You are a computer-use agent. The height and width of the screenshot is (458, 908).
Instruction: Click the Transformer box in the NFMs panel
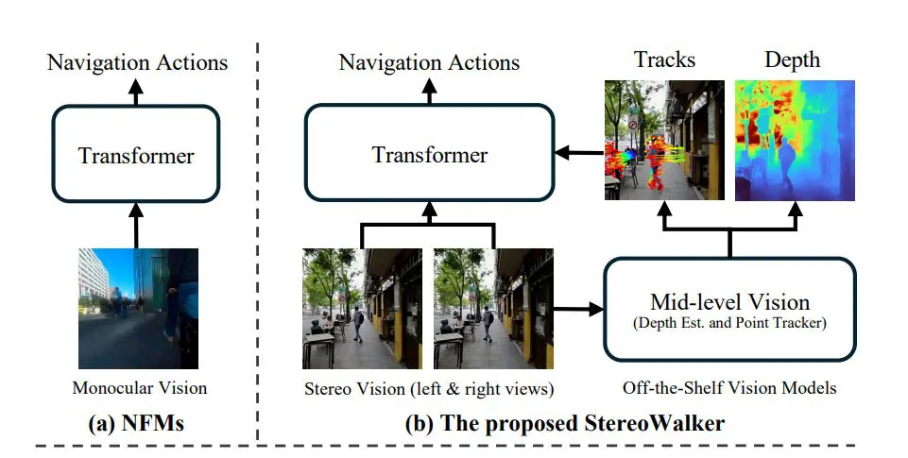point(137,153)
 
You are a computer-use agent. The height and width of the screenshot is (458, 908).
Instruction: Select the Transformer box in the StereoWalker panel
point(430,153)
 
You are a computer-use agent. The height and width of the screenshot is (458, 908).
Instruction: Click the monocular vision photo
point(138,308)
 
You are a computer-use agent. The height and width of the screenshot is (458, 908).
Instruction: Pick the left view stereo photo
point(362,308)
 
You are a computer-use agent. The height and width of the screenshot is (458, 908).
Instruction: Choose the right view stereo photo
point(493,308)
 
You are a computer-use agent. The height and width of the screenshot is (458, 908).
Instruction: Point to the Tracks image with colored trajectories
point(664,141)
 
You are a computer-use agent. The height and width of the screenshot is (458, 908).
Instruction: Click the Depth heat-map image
point(795,141)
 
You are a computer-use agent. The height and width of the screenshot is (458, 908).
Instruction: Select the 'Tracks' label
point(663,59)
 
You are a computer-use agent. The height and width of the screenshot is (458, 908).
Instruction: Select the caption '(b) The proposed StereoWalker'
point(565,423)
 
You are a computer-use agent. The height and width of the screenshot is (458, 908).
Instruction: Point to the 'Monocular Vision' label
point(138,387)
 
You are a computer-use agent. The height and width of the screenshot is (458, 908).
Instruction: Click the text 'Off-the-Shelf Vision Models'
point(729,387)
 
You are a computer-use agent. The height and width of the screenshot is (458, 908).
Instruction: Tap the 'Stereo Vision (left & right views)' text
point(428,387)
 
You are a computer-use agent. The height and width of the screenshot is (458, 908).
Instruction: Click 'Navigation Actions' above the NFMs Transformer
point(137,62)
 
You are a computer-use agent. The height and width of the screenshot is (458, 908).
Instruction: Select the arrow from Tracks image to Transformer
point(579,152)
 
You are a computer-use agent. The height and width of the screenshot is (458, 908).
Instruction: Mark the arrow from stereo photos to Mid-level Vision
point(579,308)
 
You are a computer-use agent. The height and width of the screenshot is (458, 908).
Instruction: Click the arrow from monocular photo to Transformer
point(137,224)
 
